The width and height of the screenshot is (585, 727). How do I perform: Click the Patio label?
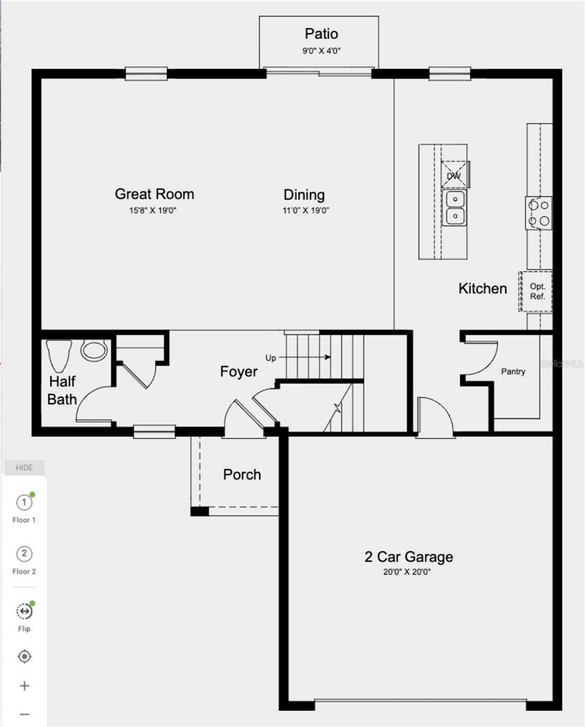(321, 34)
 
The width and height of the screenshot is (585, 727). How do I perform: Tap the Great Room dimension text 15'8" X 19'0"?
(153, 210)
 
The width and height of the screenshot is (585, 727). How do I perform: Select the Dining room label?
(304, 195)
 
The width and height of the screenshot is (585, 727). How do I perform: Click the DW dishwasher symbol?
(455, 174)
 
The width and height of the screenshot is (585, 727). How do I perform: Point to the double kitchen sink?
(455, 207)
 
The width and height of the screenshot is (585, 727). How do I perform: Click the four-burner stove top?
(539, 213)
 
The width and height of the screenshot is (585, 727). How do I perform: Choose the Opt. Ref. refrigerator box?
(536, 291)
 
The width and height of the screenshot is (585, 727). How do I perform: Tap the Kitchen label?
(483, 288)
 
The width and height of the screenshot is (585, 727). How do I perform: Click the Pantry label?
(513, 371)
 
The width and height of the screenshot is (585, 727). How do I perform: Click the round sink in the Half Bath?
(93, 350)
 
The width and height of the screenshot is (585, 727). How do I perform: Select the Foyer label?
(239, 371)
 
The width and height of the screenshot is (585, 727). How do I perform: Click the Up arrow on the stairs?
(305, 357)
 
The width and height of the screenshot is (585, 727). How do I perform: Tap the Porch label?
(242, 474)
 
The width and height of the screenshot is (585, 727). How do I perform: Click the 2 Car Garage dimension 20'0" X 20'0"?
(407, 572)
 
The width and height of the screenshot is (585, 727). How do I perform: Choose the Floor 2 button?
(24, 559)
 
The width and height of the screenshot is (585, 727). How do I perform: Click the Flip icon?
(24, 611)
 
